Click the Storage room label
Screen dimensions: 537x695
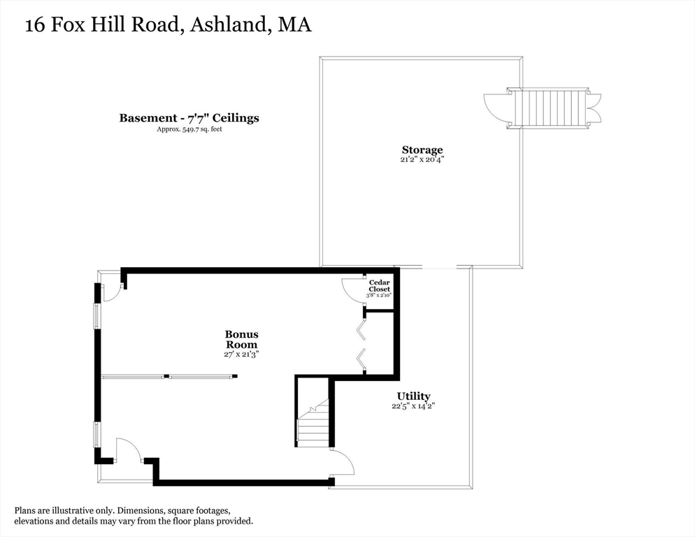422,150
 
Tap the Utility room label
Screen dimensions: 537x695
414,396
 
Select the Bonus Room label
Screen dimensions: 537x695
241,339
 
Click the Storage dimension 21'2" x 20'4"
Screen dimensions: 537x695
422,159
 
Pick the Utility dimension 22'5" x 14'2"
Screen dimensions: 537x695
414,406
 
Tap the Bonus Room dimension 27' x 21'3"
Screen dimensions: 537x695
241,355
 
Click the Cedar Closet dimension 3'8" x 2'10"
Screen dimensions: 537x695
380,295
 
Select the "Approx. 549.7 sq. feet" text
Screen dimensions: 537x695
189,129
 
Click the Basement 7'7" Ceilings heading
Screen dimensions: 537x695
189,117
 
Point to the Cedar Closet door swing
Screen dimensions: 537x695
353,288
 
